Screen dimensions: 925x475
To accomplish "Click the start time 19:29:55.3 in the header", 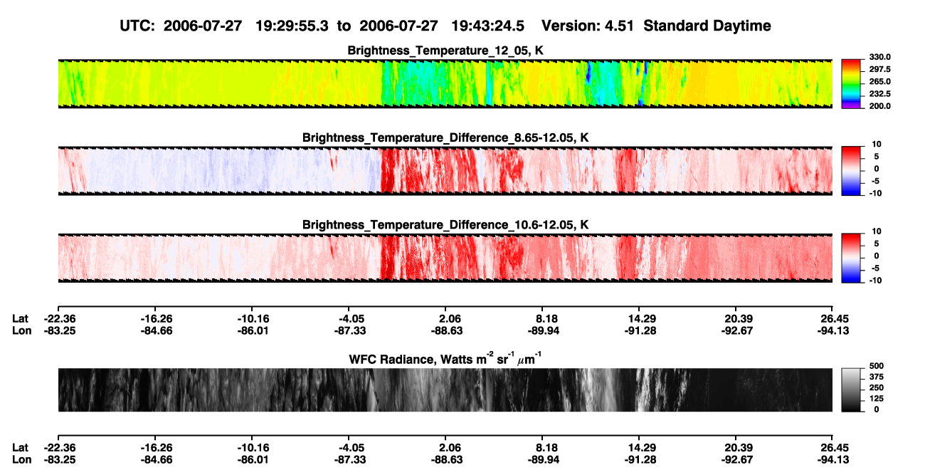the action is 292,26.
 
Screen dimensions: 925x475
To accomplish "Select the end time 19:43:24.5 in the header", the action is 487,26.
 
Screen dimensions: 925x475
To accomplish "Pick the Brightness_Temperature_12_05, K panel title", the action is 445,51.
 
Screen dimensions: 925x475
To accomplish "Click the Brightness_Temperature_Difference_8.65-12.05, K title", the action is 445,137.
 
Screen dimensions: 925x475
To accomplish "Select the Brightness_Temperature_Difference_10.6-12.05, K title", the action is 445,225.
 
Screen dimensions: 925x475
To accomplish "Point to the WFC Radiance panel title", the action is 445,359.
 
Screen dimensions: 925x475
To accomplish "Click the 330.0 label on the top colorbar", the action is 879,57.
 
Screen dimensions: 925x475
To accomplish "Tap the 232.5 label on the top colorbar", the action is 879,94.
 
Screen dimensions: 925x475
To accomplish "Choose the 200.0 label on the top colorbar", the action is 879,106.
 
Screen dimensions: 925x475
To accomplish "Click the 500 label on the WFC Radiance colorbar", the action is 877,366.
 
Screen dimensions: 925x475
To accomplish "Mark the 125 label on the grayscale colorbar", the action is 877,399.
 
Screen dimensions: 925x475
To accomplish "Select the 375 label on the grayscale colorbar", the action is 877,377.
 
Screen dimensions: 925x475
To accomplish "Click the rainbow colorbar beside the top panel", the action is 851,84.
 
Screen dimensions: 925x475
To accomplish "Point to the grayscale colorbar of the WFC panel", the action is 851,390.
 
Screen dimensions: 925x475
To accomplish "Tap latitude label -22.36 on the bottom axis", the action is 60,448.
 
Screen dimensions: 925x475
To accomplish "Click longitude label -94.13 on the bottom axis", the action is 833,460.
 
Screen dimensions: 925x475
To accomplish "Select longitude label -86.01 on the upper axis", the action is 253,330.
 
